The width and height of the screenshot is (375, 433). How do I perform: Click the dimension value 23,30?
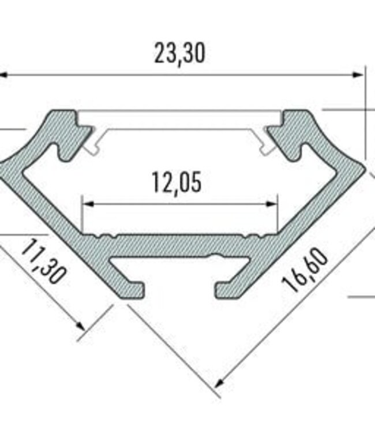[179, 53]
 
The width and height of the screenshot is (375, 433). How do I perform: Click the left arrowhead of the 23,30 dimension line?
[5, 74]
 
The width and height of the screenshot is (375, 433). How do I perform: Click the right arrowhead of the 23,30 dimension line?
[360, 74]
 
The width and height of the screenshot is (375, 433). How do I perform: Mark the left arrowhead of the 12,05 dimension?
[87, 203]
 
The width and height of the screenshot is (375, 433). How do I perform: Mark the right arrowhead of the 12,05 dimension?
[274, 203]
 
